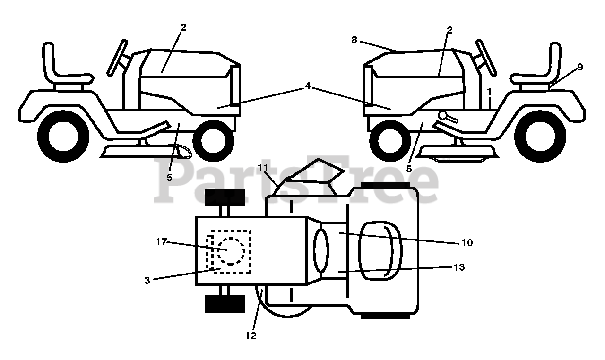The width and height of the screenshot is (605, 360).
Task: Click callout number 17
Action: (x=161, y=242)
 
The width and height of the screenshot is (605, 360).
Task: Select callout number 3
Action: (x=147, y=280)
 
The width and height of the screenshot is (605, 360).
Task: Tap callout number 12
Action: (x=251, y=336)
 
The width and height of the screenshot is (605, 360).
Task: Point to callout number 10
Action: (x=467, y=243)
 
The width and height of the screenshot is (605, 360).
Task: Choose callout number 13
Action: (x=458, y=267)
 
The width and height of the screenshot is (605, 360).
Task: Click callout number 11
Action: (x=263, y=168)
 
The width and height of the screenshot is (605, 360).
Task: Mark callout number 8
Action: (x=354, y=41)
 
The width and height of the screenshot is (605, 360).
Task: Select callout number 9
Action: (x=579, y=67)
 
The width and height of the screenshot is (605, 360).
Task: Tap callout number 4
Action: (x=308, y=86)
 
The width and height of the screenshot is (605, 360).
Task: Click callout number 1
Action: (x=490, y=90)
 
